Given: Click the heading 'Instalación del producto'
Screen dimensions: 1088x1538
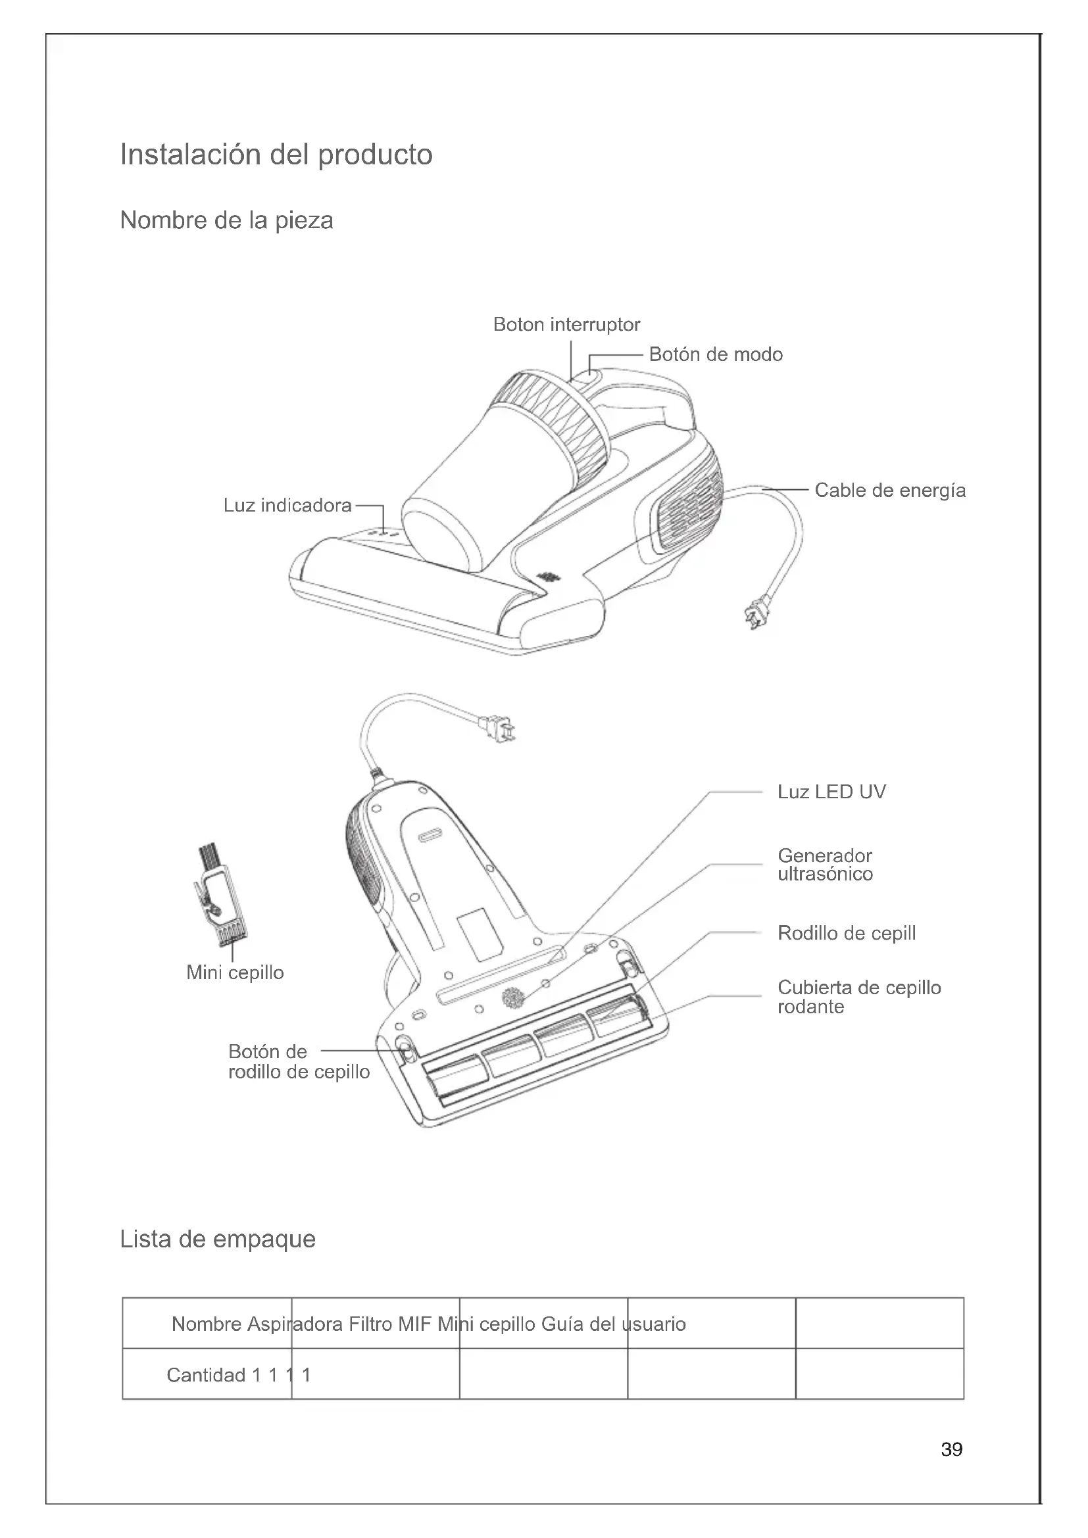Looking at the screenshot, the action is click(x=276, y=155).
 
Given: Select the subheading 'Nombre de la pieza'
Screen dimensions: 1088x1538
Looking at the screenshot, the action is click(x=226, y=220).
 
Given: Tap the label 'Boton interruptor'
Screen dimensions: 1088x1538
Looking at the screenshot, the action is click(x=566, y=325).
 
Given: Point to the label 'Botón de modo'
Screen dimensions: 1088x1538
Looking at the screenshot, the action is click(x=716, y=354).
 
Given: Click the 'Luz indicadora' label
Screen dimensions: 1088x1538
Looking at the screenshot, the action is click(x=287, y=505).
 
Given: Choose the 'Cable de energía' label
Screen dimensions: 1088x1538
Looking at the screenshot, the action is click(x=890, y=491).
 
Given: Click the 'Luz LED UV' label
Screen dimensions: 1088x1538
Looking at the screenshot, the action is click(x=831, y=792).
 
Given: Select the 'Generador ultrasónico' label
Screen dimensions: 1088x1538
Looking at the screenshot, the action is click(x=825, y=865).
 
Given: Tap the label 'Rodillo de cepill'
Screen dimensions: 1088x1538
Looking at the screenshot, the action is click(x=846, y=933).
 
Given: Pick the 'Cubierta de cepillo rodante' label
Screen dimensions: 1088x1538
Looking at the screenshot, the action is click(x=859, y=997).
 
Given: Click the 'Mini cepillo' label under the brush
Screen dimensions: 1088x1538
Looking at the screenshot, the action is click(x=235, y=973).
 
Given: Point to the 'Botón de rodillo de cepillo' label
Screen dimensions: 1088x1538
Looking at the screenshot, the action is click(x=298, y=1061).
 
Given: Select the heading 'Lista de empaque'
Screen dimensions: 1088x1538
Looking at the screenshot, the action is click(x=218, y=1239).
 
